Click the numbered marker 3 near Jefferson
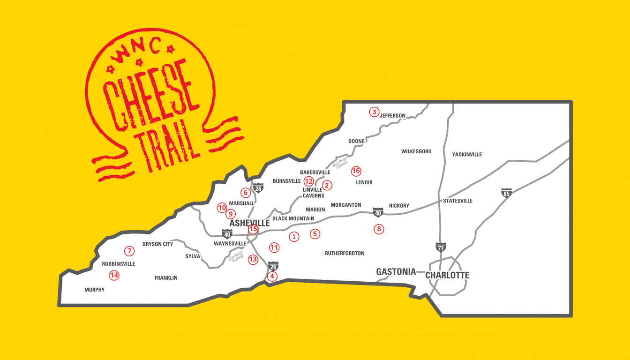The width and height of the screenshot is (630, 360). tap(374, 112)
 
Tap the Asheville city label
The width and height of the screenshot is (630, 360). tap(249, 223)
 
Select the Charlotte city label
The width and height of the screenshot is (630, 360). tap(447, 275)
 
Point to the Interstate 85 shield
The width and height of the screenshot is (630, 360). tap(506, 193)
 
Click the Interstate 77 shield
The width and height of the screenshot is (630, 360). tap(441, 247)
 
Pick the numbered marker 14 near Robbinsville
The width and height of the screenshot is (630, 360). tap(114, 275)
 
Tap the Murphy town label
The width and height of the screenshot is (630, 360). tap(95, 290)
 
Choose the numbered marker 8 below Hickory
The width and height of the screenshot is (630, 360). tap(379, 229)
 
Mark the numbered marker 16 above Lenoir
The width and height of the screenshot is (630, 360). tap(356, 171)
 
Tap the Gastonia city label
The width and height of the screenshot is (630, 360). tap(396, 272)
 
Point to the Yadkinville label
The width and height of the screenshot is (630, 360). tap(467, 154)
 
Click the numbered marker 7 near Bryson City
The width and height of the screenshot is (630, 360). tap(129, 250)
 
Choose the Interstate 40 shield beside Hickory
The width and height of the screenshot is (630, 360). tap(378, 212)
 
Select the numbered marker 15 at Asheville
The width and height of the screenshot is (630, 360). tap(253, 229)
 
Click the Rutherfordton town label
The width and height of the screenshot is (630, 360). tap(345, 253)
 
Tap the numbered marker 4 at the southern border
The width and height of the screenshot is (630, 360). tap(272, 277)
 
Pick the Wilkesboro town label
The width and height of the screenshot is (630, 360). tap(416, 151)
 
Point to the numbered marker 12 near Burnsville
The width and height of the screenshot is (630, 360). tap(308, 181)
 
